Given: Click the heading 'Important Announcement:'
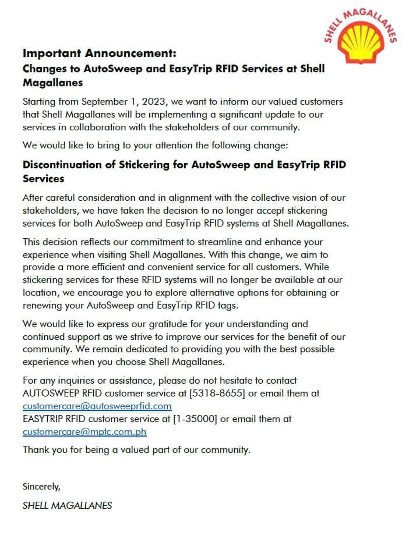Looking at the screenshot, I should [x=100, y=53].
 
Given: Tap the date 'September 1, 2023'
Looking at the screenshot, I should [x=118, y=102].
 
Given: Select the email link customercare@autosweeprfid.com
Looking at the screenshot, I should [x=97, y=406].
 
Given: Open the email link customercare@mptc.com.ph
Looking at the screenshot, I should [x=84, y=432].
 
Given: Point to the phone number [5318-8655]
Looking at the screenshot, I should [x=217, y=393].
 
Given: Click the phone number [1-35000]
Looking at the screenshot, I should [x=195, y=419].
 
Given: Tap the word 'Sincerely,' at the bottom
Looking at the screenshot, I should [x=41, y=487].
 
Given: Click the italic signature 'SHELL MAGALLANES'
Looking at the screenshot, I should [x=67, y=505].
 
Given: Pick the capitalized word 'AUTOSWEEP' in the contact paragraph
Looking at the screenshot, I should [x=51, y=393].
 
